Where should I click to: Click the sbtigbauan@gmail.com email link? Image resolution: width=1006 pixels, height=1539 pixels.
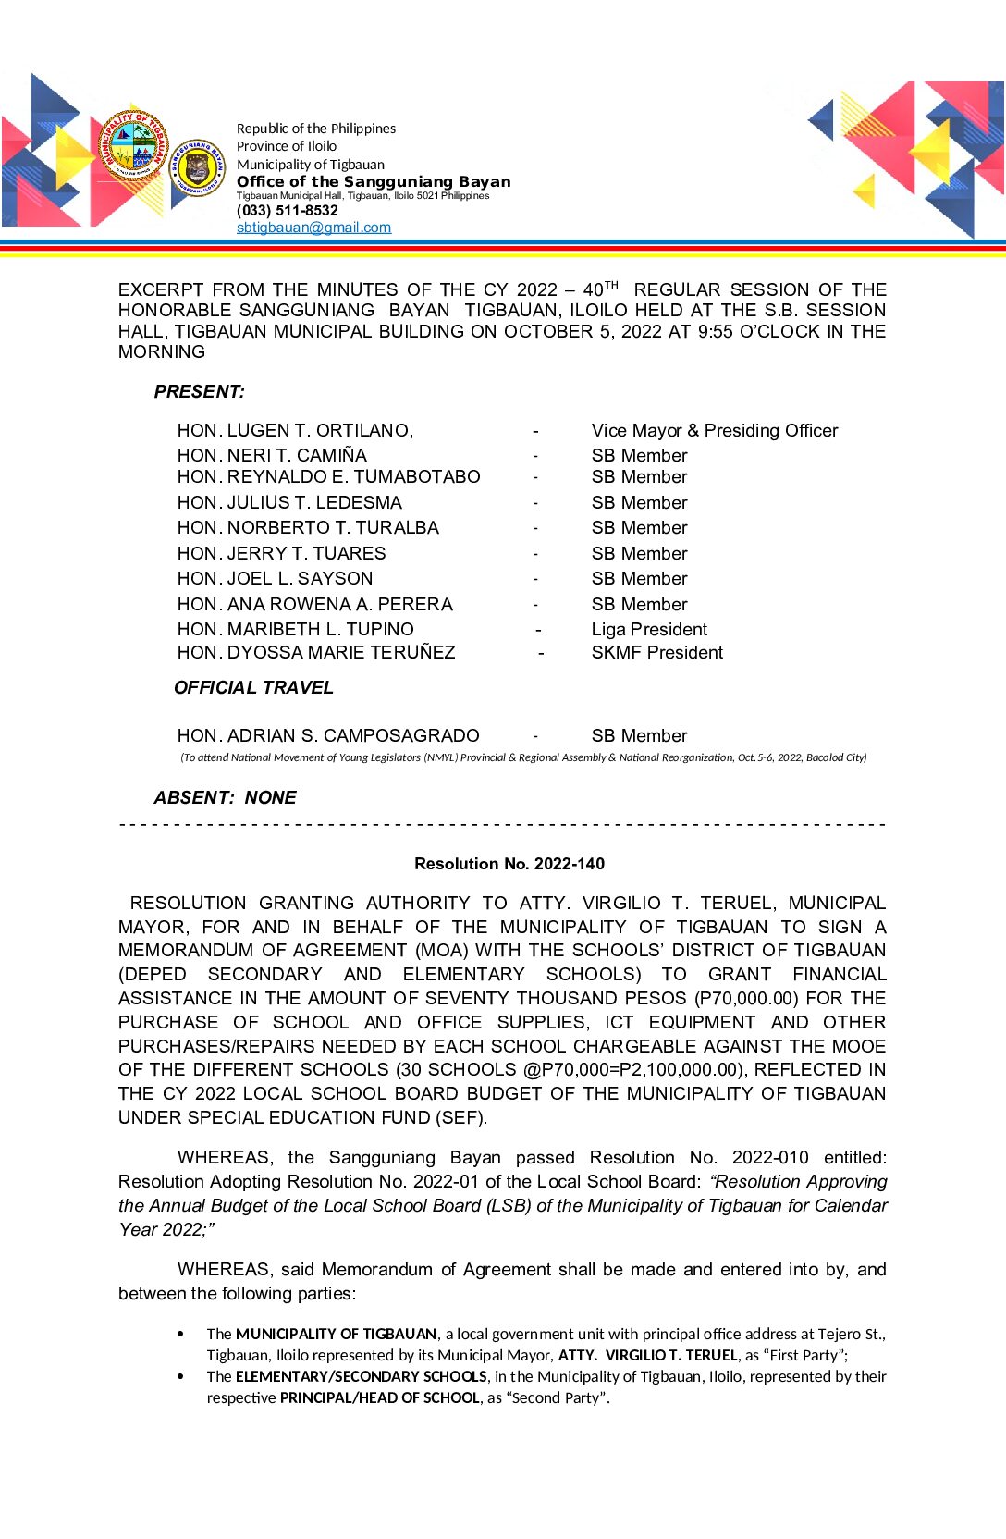pos(313,228)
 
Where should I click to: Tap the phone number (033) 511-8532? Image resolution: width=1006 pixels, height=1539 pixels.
pos(287,211)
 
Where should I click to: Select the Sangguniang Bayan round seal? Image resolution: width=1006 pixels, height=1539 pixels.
pos(197,168)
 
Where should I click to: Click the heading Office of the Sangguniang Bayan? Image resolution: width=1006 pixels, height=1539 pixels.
pos(374,181)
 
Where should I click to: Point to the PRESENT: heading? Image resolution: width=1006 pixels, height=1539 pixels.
pos(200,392)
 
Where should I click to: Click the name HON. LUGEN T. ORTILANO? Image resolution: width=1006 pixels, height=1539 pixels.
pos(295,431)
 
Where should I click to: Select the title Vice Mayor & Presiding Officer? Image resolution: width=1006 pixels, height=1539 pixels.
pos(715,431)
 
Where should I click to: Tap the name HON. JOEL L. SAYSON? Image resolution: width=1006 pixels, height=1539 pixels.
pos(275,579)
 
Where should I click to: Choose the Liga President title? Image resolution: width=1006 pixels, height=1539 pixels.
pos(649,630)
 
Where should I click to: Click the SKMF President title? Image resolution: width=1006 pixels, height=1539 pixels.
pos(656,653)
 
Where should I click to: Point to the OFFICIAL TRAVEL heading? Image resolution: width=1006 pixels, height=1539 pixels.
pos(253,688)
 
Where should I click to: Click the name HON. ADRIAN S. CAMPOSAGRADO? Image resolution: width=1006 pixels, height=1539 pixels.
pos(328,736)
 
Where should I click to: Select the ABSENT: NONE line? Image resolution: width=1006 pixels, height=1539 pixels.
pos(225,798)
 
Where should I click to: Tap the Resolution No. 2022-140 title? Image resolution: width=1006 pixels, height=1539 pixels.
pos(509,864)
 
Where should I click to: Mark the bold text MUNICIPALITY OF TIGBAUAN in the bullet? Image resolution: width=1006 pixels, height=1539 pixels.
pos(336,1335)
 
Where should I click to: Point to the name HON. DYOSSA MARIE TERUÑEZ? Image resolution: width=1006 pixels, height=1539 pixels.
pos(316,653)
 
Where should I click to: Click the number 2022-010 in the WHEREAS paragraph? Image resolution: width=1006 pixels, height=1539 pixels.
pos(770,1158)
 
